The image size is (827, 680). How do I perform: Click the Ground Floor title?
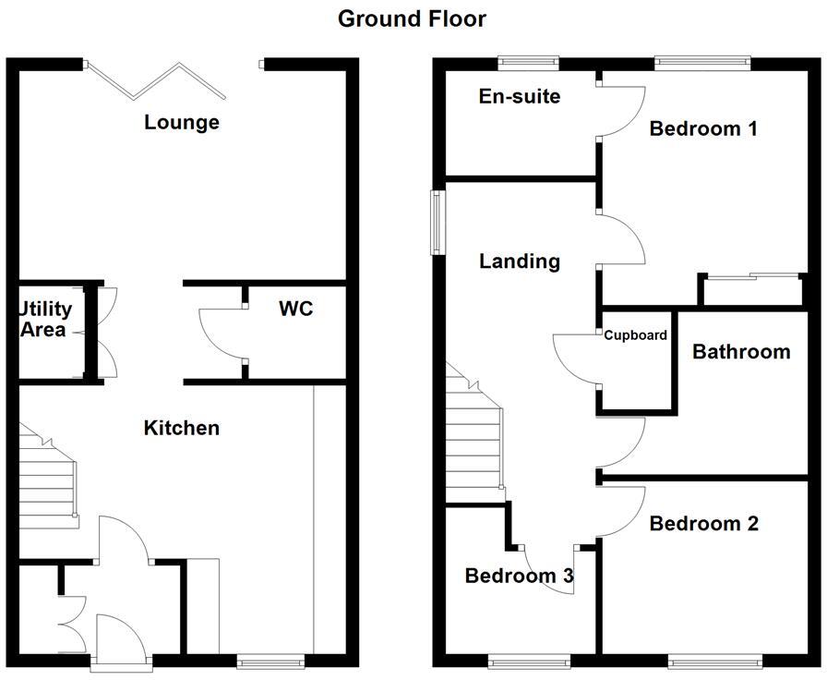pyautogui.click(x=412, y=18)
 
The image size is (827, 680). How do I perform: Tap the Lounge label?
pyautogui.click(x=182, y=122)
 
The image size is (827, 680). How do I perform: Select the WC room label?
pyautogui.click(x=296, y=309)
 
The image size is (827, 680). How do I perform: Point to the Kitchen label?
pyautogui.click(x=182, y=428)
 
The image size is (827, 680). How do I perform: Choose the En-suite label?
pyautogui.click(x=520, y=96)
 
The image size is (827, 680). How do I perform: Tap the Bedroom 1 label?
pyautogui.click(x=703, y=128)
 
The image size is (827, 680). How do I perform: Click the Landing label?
pyautogui.click(x=520, y=261)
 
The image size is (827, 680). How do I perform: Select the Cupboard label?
pyautogui.click(x=635, y=335)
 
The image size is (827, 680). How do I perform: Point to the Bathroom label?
pyautogui.click(x=741, y=352)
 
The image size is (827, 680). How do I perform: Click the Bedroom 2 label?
pyautogui.click(x=704, y=524)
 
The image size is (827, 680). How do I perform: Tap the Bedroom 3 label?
pyautogui.click(x=520, y=577)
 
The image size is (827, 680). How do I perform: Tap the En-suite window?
pyautogui.click(x=528, y=63)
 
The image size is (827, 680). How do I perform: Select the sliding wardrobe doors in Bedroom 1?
pyautogui.click(x=751, y=275)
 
